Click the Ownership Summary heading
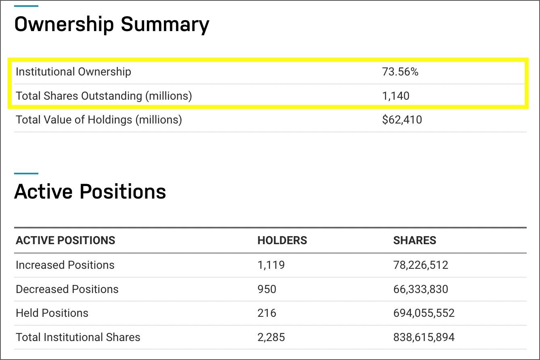[x=112, y=25]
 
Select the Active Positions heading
[x=90, y=191]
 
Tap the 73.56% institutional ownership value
[x=400, y=72]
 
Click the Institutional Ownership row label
[x=73, y=72]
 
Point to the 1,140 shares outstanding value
[x=396, y=96]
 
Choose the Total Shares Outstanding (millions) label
[x=104, y=96]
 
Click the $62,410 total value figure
[x=402, y=120]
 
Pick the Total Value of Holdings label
[x=99, y=120]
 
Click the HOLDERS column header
[x=282, y=241]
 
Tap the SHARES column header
[x=414, y=241]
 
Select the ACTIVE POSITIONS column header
[x=65, y=241]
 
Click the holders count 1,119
[x=271, y=265]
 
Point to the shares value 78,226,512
[x=421, y=265]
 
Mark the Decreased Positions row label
[x=67, y=289]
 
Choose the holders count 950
[x=267, y=289]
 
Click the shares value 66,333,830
[x=421, y=289]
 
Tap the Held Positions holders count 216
[x=267, y=313]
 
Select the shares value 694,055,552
[x=424, y=313]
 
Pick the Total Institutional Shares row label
[x=78, y=337]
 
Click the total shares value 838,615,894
[x=424, y=337]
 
